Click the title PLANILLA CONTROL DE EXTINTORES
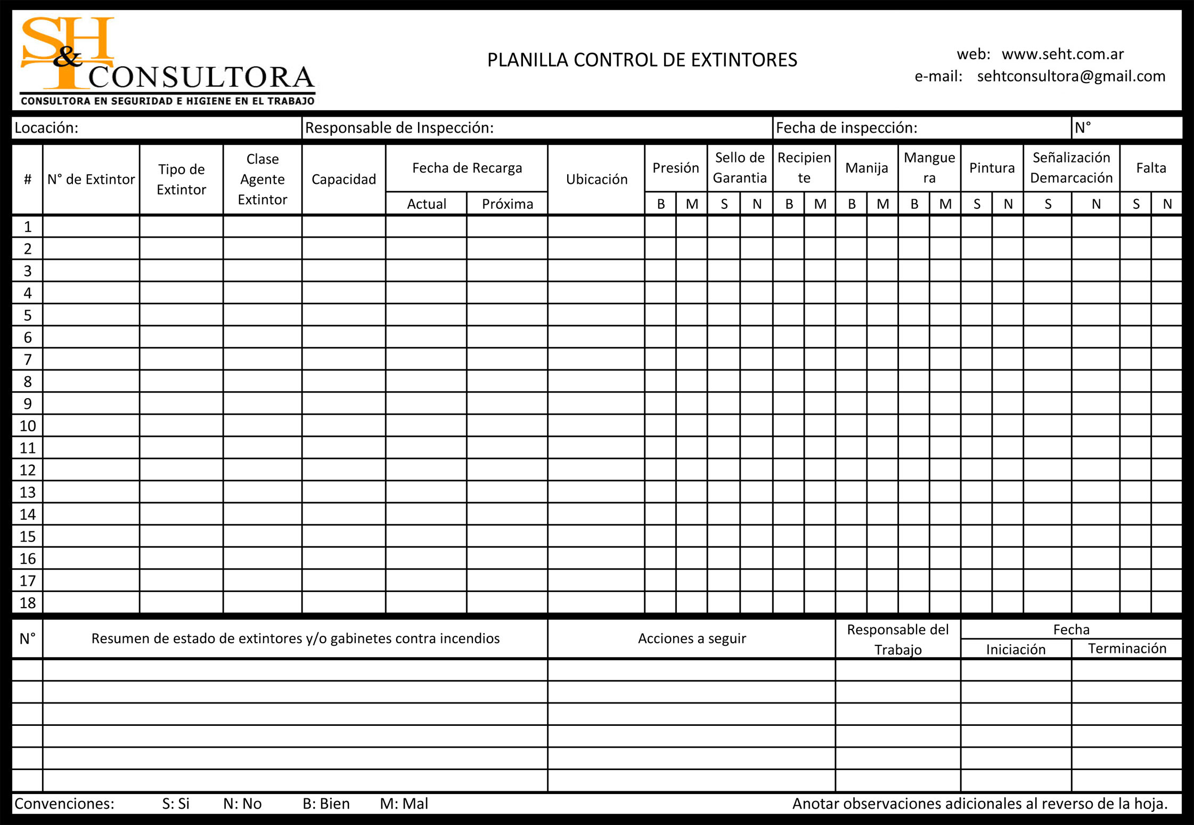642,60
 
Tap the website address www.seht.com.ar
1062,54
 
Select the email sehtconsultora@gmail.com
1071,76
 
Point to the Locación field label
46,128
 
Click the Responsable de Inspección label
399,128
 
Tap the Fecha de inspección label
846,128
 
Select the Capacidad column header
344,179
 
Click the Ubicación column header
596,179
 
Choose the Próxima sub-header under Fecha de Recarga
507,204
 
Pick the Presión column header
676,168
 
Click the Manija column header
866,168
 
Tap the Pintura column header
992,168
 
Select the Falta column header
1151,168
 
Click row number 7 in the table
28,359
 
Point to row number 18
28,602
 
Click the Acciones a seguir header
692,638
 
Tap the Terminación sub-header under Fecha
1127,648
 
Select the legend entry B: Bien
326,803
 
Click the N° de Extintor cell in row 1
91,227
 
